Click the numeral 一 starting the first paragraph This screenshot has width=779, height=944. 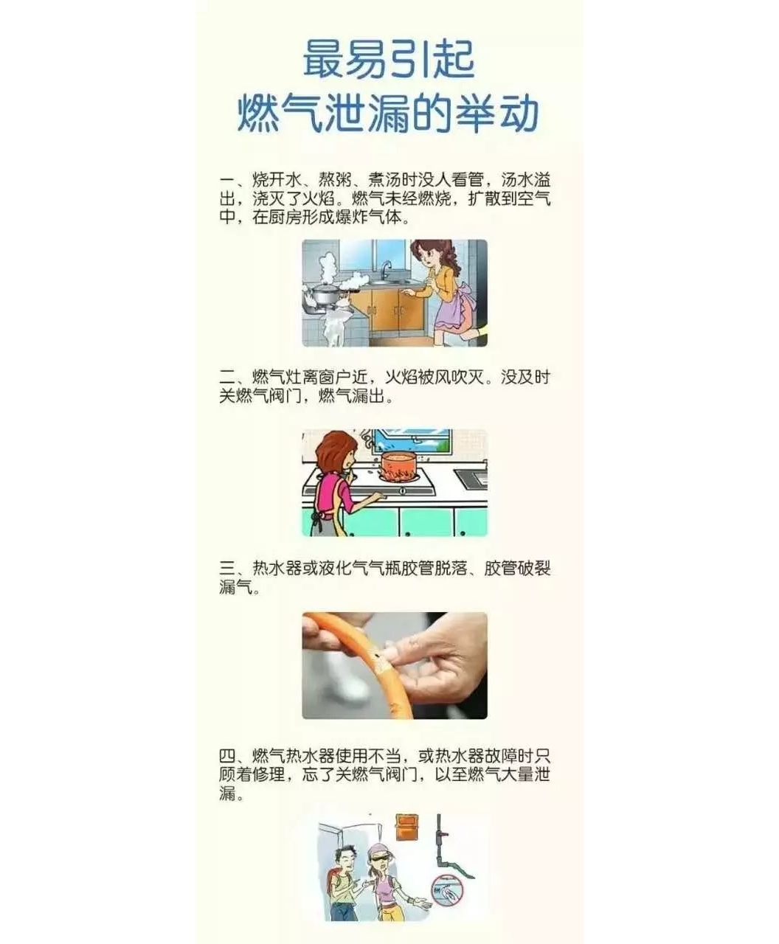tap(227, 180)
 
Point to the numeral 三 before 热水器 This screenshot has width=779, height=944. tap(227, 569)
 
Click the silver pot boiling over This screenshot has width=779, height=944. tap(326, 293)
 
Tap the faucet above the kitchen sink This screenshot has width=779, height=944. tap(384, 269)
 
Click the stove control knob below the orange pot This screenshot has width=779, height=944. tap(402, 491)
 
